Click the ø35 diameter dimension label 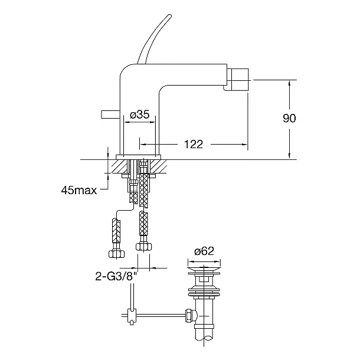click(140, 114)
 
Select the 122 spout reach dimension click(194, 145)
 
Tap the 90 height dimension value click(289, 118)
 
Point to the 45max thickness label click(79, 191)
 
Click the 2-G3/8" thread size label click(116, 276)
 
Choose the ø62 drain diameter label click(204, 251)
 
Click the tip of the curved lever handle click(170, 16)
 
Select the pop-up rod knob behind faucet click(110, 114)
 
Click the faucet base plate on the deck click(139, 157)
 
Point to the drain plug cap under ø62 click(204, 269)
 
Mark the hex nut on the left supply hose click(116, 254)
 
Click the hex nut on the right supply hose click(144, 247)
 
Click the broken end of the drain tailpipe click(204, 338)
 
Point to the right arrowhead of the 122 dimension click(245, 145)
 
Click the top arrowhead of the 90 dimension click(290, 83)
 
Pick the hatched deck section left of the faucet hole click(120, 166)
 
